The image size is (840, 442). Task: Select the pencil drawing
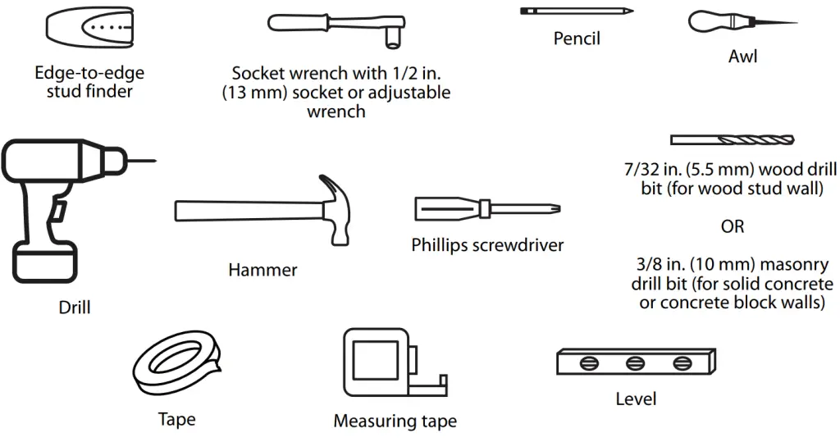[577, 11]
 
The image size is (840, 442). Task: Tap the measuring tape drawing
[386, 365]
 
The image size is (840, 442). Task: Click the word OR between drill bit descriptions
[733, 226]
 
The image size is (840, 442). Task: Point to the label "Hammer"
[262, 269]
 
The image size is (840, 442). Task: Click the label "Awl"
[742, 57]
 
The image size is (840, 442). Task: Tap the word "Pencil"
[577, 38]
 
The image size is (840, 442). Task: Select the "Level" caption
[636, 399]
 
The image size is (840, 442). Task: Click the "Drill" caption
[75, 308]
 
